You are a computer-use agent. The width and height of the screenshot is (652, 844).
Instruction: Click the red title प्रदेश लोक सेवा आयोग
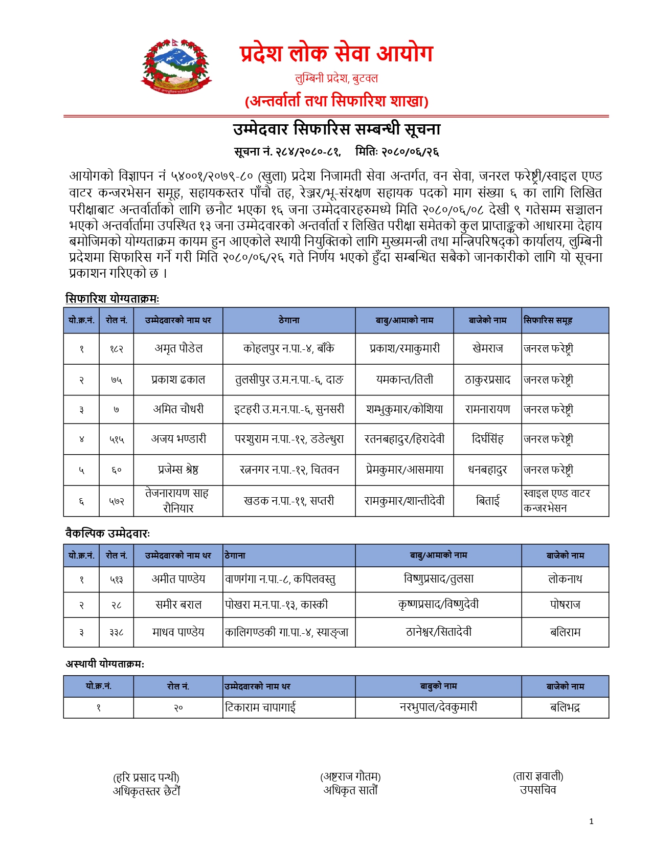336,54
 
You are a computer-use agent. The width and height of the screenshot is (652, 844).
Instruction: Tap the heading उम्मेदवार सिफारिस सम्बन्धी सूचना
336,129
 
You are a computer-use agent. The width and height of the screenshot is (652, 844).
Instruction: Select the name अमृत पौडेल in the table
178,349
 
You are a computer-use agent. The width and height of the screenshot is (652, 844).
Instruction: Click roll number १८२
117,349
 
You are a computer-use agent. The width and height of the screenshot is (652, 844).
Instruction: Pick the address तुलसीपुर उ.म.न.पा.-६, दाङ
289,380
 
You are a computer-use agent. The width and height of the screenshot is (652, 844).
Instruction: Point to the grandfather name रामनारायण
487,409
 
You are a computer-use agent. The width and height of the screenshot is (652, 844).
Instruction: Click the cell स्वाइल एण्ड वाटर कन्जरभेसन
557,501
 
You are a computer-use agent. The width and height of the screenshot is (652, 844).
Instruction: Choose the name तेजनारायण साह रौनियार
178,501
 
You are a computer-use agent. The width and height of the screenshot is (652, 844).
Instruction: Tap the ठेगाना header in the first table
289,321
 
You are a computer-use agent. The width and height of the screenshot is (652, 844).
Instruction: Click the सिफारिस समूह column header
548,321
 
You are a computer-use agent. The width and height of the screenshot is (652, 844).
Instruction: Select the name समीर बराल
178,605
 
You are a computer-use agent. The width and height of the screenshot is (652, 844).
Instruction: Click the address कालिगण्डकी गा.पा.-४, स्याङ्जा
286,632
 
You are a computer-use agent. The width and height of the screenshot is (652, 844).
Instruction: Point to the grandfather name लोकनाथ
565,580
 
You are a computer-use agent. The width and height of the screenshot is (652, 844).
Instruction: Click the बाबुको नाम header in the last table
438,686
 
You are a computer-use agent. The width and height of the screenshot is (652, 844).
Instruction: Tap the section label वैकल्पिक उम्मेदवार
108,534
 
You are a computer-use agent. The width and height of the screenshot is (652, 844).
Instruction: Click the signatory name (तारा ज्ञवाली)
538,776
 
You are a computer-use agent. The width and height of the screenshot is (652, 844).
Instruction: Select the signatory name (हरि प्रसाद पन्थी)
146,778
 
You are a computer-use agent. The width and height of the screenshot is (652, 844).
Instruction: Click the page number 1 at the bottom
592,821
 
